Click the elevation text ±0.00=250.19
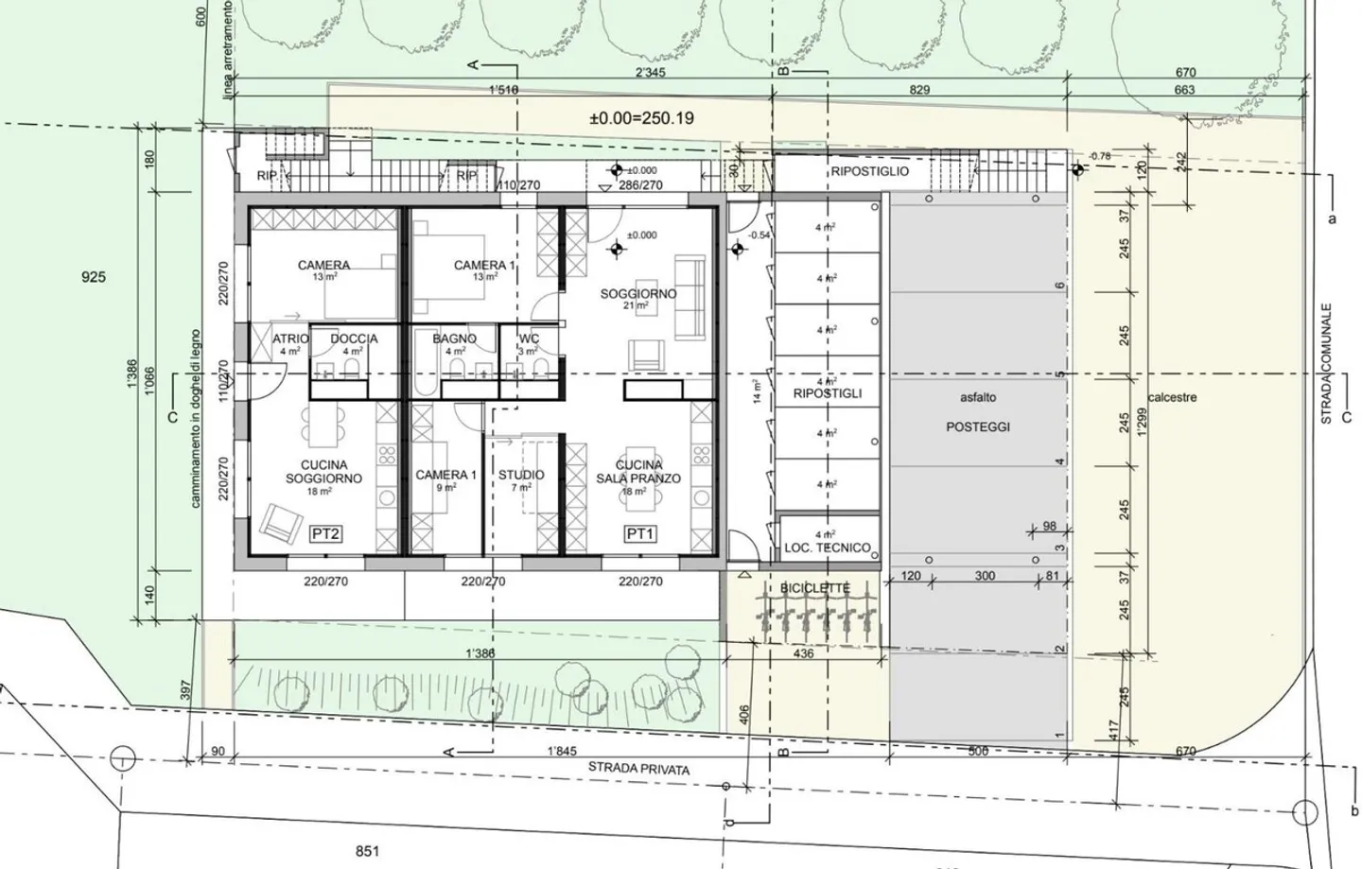pyautogui.click(x=641, y=118)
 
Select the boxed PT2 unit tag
pyautogui.click(x=325, y=534)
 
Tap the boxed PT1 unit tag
pyautogui.click(x=640, y=534)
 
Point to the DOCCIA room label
pyautogui.click(x=354, y=339)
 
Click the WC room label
pyautogui.click(x=529, y=339)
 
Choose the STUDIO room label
pyautogui.click(x=521, y=475)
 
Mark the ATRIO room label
pyautogui.click(x=290, y=339)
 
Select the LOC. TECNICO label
pyautogui.click(x=827, y=547)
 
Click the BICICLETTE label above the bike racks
pyautogui.click(x=814, y=588)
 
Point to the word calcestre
pyautogui.click(x=1171, y=397)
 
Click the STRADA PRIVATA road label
pyautogui.click(x=638, y=768)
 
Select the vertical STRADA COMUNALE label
pyautogui.click(x=1326, y=363)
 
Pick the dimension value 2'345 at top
pyautogui.click(x=650, y=73)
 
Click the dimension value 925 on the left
pyautogui.click(x=94, y=277)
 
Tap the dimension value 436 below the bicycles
pyautogui.click(x=803, y=653)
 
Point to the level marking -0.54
pyautogui.click(x=758, y=235)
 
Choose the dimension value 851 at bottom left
pyautogui.click(x=367, y=851)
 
